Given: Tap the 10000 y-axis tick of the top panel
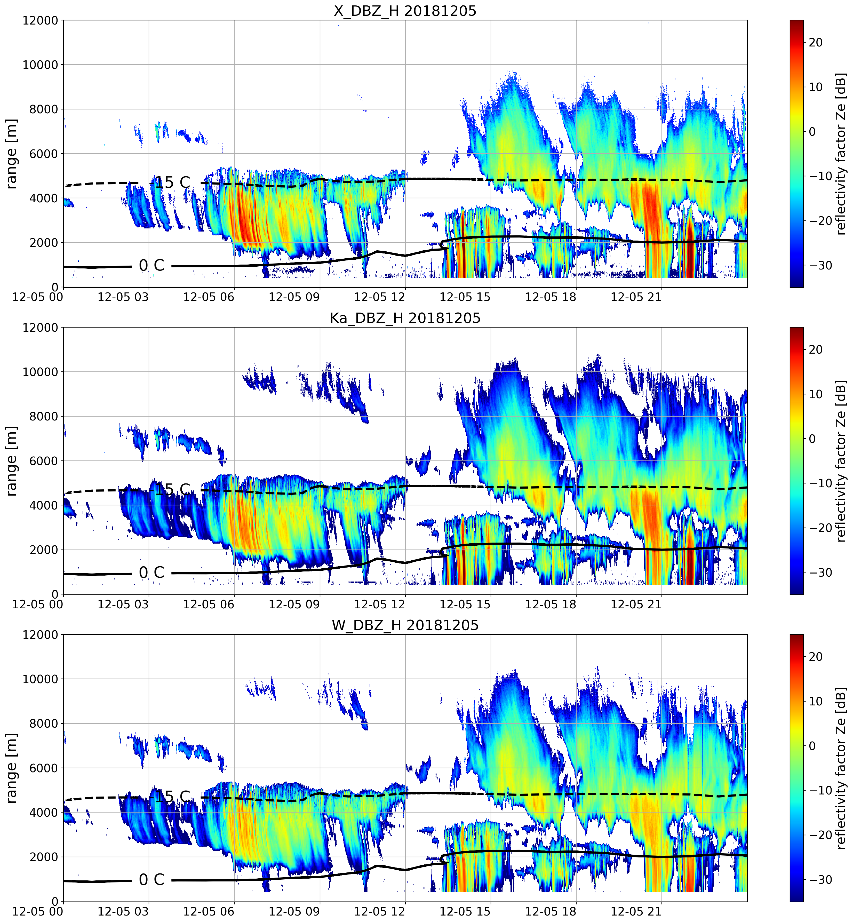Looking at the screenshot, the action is coord(41,65).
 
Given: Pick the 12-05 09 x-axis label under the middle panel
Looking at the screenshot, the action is coord(294,604).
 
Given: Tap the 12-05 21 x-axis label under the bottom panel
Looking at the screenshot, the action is coord(636,911).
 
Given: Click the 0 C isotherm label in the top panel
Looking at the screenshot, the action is coord(152,265).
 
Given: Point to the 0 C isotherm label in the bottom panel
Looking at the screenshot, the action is coord(152,880).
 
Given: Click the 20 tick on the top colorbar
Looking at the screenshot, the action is coord(816,42).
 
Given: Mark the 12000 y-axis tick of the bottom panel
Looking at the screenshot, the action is coord(41,635).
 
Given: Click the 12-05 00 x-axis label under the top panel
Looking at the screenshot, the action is coord(38,297).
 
